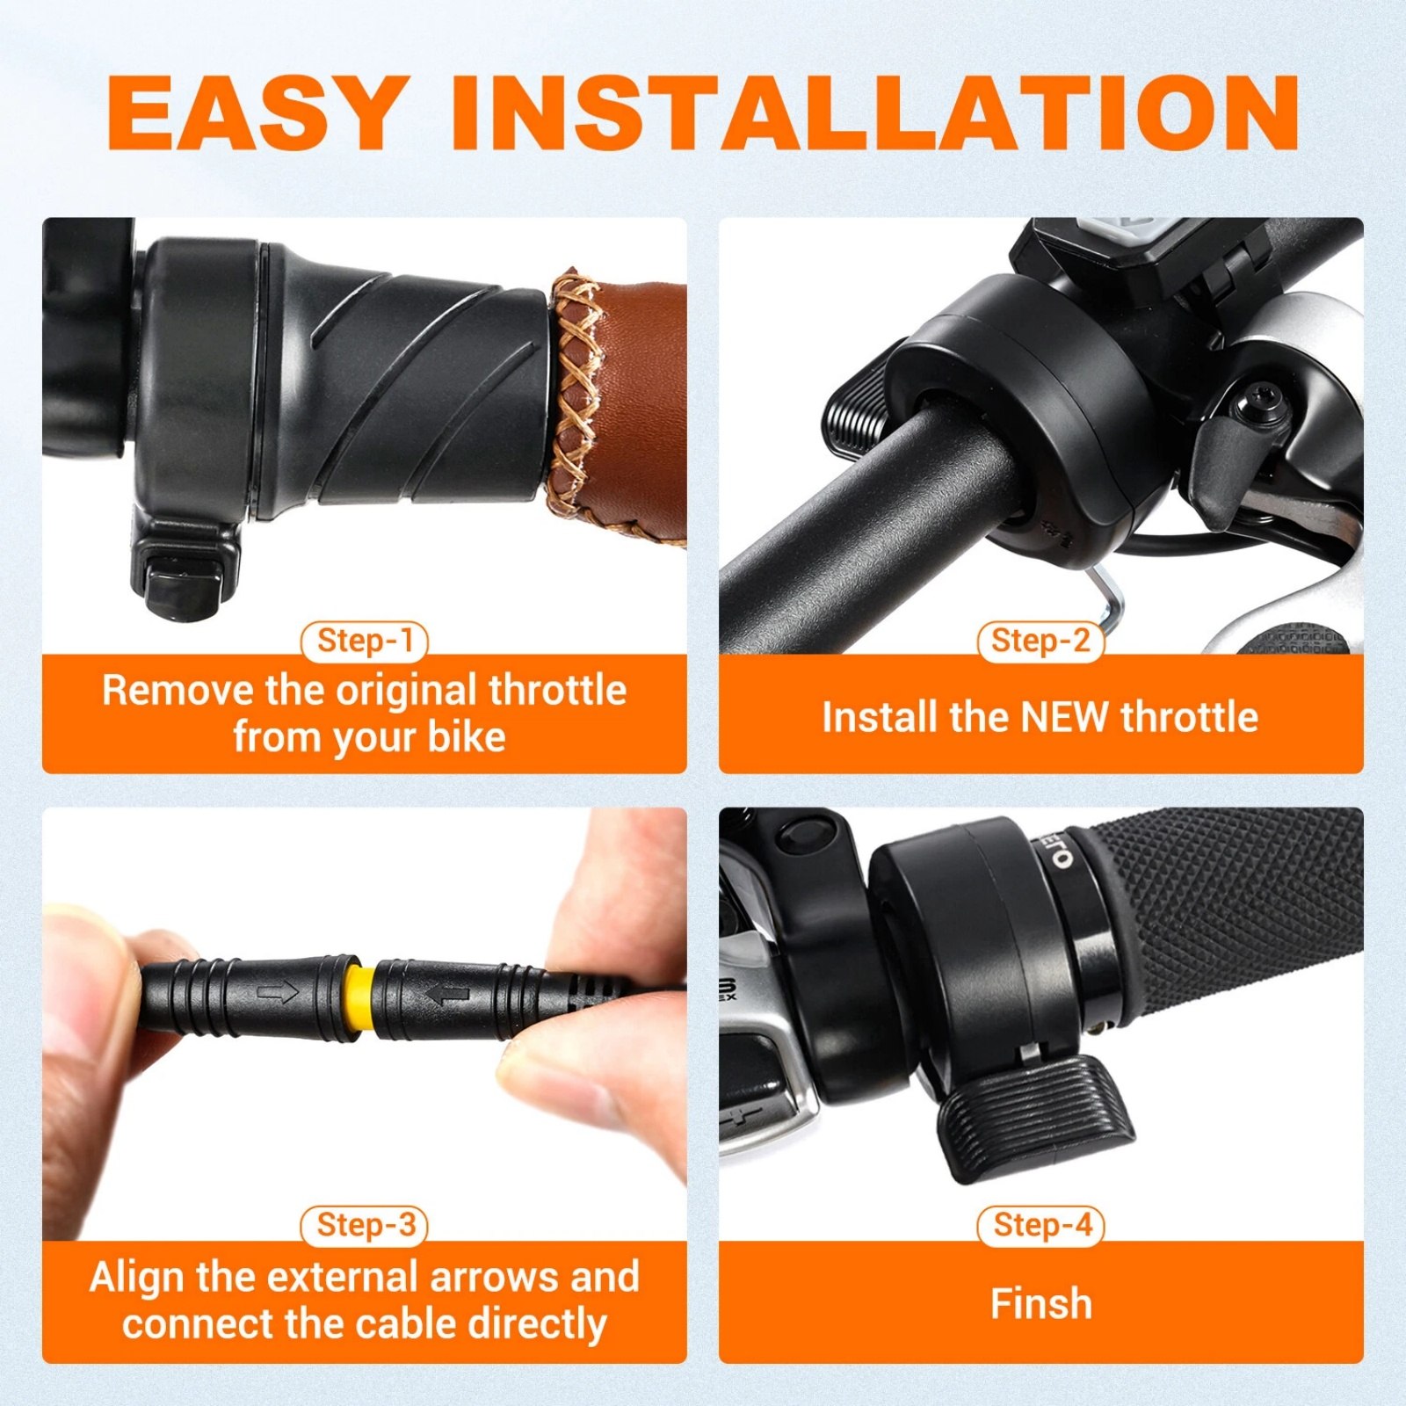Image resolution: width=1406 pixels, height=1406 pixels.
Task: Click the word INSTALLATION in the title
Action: tap(875, 112)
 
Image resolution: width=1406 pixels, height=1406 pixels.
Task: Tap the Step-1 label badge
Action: tap(365, 641)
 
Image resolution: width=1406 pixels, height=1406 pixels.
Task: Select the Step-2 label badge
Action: tap(1040, 641)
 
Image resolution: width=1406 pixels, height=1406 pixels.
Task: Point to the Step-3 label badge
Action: tap(365, 1225)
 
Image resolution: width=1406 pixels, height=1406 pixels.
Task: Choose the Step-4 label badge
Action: tap(1041, 1225)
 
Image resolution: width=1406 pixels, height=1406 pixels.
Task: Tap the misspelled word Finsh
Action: tap(1041, 1303)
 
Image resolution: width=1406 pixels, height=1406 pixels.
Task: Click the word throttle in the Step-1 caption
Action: tap(558, 690)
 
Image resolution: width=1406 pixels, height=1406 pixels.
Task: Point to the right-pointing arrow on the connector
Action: tap(279, 994)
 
